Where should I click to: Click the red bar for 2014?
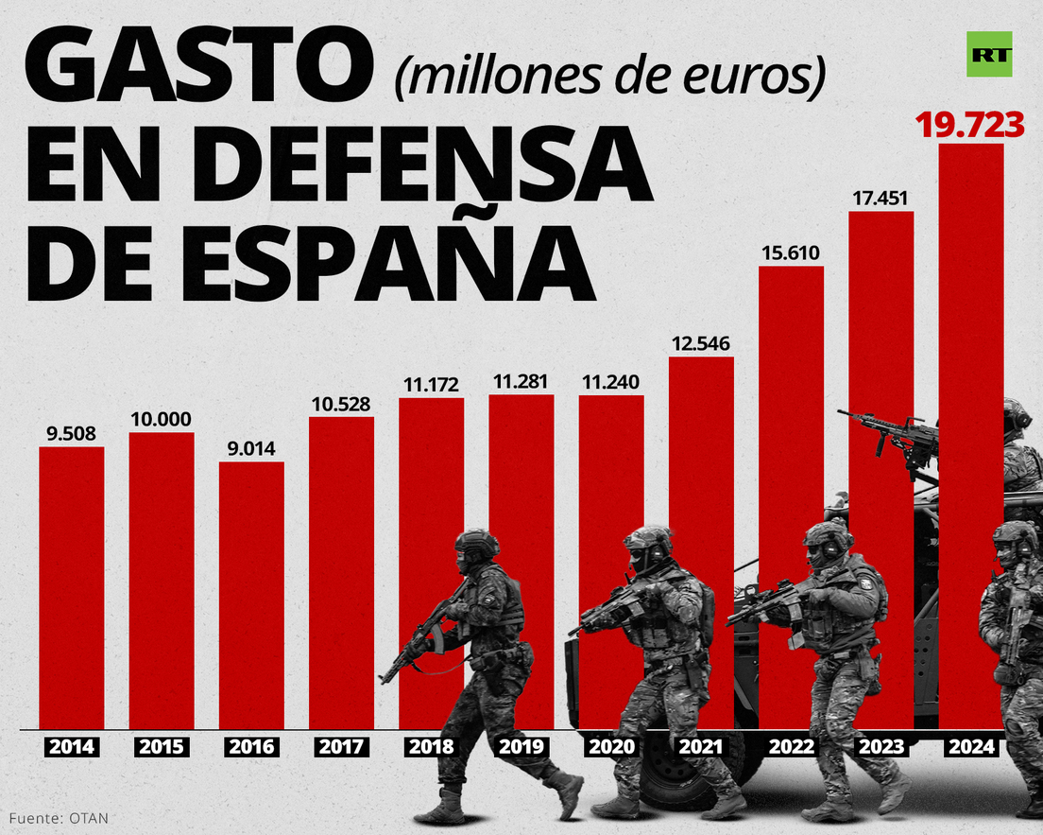click(72, 586)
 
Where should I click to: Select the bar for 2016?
click(251, 596)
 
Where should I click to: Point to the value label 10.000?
click(162, 419)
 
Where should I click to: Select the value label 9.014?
click(251, 448)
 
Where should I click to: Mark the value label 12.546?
click(701, 342)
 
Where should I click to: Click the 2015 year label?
click(162, 746)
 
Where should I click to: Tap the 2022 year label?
click(791, 746)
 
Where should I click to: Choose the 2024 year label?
click(970, 746)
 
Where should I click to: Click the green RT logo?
click(989, 54)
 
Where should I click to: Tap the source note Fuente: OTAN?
click(60, 817)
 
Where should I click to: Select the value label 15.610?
click(791, 252)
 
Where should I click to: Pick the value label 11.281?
click(521, 382)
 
